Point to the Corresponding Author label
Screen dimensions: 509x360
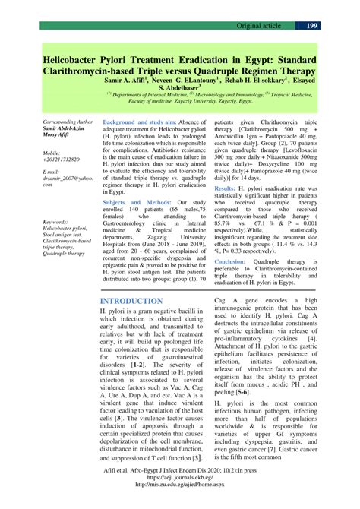[x=68, y=122]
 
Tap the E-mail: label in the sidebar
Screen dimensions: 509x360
[x=54, y=172]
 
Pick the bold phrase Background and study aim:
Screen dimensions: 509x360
[x=145, y=122]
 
